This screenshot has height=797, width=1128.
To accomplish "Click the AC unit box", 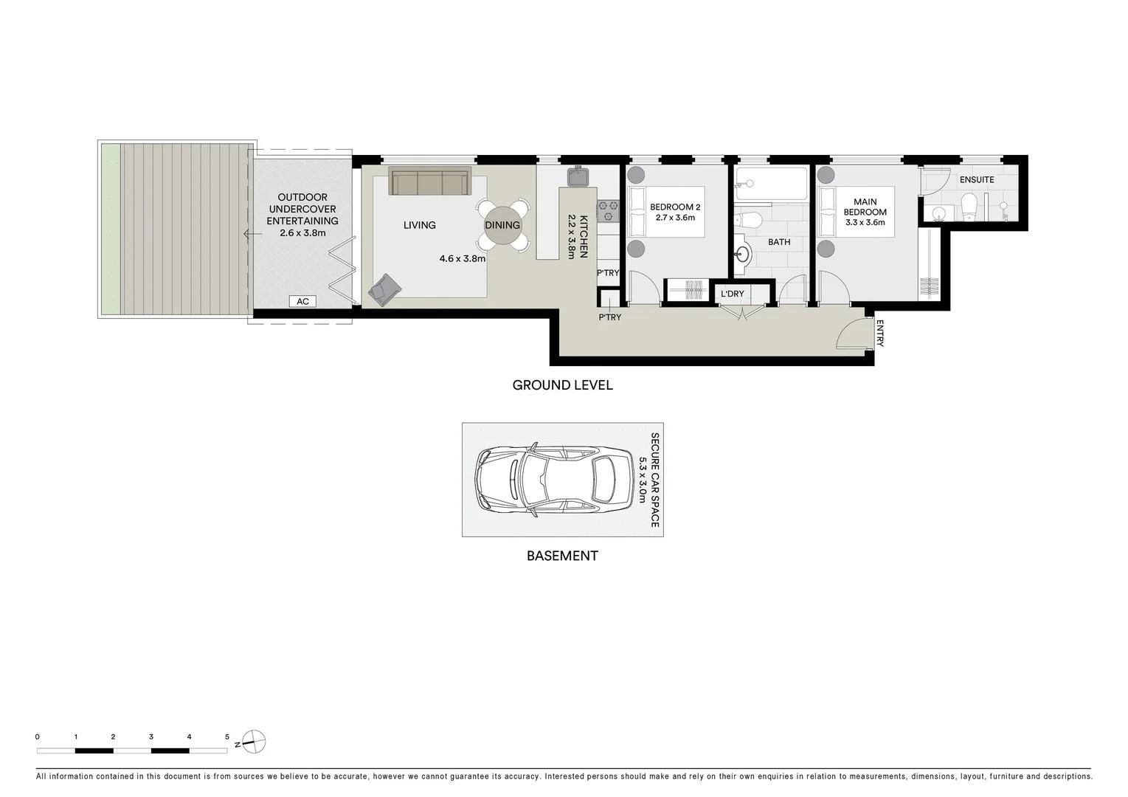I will click(x=302, y=301).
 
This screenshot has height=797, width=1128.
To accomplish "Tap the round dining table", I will click(x=502, y=225).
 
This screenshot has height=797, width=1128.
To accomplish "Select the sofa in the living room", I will click(x=429, y=182).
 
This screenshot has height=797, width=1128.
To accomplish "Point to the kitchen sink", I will click(x=578, y=176).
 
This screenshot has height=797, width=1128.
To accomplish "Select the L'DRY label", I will click(x=732, y=294).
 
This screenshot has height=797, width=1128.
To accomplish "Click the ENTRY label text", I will click(x=880, y=332).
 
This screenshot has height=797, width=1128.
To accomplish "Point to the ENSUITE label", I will click(x=977, y=179).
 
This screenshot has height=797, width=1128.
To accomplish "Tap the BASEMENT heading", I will click(x=562, y=556).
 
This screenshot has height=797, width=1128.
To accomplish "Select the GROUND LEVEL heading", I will click(x=562, y=384).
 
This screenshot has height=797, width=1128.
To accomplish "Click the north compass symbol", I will click(x=255, y=741).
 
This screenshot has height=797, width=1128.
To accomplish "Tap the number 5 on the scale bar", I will click(x=227, y=736).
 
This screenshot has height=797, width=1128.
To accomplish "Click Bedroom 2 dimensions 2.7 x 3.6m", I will click(x=675, y=218).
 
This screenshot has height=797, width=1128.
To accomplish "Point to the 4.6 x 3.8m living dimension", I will click(x=463, y=259).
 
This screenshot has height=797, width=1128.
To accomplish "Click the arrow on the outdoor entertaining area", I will click(x=250, y=234).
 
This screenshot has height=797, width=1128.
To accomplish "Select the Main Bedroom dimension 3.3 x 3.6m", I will click(x=865, y=222).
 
